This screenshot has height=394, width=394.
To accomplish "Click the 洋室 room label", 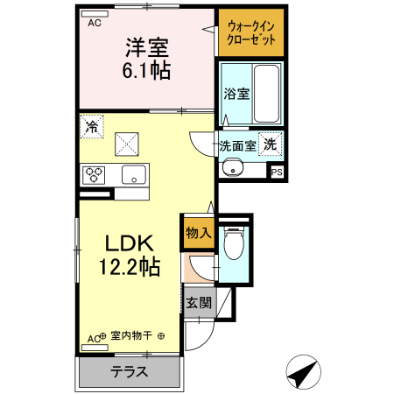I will click(146, 46).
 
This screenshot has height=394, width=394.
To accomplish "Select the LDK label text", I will click(130, 243).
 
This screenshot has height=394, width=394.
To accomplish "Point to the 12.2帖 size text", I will click(130, 266).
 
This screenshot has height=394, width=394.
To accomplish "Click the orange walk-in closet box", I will click(250, 32).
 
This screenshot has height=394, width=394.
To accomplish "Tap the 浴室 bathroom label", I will click(236, 92).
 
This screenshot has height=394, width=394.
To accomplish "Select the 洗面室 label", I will click(237, 146).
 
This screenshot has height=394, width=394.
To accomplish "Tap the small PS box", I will click(277, 172).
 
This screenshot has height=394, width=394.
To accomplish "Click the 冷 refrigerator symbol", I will click(92, 126).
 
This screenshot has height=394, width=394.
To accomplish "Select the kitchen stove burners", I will click(95, 173).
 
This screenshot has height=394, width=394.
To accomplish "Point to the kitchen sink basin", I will click(134, 173).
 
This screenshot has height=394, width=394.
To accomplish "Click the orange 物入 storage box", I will click(198, 233).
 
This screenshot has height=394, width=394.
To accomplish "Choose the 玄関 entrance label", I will click(198, 304).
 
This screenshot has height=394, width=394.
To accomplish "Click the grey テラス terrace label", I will click(129, 372).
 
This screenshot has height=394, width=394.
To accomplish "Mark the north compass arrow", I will click(305, 373).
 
